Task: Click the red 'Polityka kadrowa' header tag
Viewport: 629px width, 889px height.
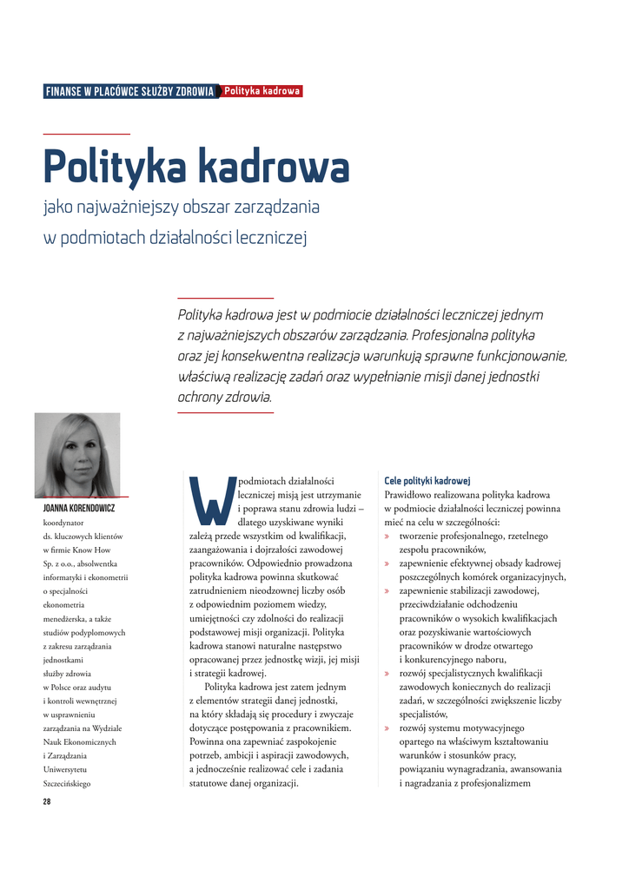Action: click(x=262, y=91)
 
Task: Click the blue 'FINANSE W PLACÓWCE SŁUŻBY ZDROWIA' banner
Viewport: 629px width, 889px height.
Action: click(x=129, y=92)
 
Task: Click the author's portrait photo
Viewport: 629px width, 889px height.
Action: click(x=77, y=454)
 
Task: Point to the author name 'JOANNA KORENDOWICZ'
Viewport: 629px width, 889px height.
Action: click(x=79, y=508)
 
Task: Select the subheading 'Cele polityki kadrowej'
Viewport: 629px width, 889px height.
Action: click(x=427, y=480)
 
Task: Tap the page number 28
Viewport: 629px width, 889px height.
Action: click(x=47, y=801)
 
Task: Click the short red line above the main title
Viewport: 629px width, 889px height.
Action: click(x=86, y=134)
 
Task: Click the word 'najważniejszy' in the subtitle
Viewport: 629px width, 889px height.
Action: click(x=142, y=208)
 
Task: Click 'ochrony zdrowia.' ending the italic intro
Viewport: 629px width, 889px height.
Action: click(x=224, y=397)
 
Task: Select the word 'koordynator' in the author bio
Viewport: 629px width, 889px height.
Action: click(x=63, y=523)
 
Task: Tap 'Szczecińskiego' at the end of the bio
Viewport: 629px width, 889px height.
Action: click(x=67, y=784)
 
